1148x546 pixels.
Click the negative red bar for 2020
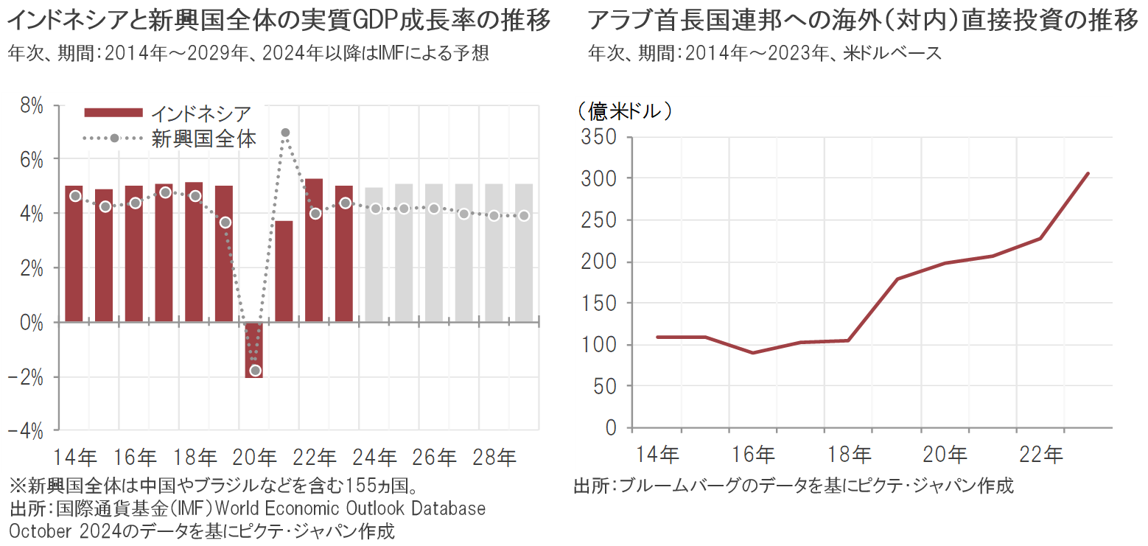(x=254, y=350)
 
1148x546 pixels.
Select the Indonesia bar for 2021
(x=284, y=271)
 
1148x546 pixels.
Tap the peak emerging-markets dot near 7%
(x=285, y=133)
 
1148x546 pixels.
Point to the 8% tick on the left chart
(x=31, y=106)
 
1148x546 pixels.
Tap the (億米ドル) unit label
(x=624, y=111)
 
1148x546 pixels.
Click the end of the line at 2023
(x=1088, y=174)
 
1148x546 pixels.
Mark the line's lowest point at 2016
(x=753, y=353)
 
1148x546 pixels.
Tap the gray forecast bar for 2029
(x=524, y=253)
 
